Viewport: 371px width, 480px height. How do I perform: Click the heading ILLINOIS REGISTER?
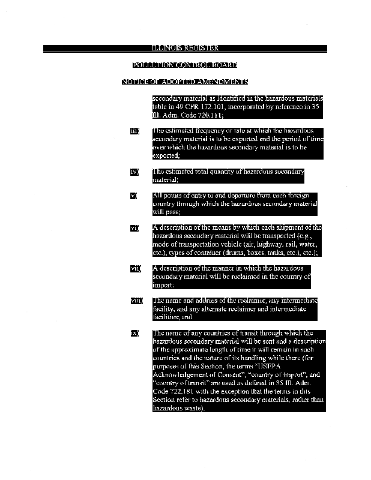click(x=185, y=48)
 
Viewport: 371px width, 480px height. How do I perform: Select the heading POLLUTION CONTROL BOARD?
click(x=185, y=65)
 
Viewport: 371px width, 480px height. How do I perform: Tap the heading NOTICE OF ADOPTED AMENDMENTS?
click(x=185, y=82)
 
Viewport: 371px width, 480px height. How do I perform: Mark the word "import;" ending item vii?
click(x=163, y=285)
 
